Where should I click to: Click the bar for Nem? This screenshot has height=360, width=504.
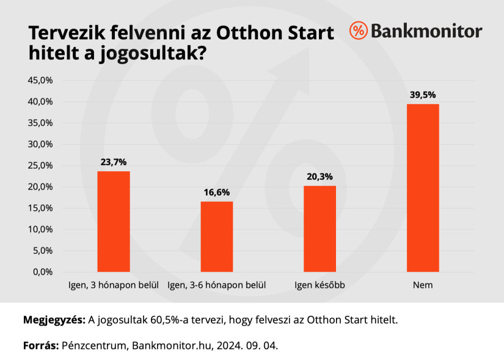click(x=423, y=188)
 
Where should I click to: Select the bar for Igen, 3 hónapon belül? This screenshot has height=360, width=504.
click(x=114, y=221)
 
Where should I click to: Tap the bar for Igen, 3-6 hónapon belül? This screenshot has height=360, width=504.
click(x=217, y=237)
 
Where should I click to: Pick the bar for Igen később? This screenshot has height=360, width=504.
click(x=320, y=229)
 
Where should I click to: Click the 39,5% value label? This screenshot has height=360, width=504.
click(x=423, y=95)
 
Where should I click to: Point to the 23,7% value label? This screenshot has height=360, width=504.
click(x=114, y=162)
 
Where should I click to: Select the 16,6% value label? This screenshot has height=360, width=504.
click(x=217, y=192)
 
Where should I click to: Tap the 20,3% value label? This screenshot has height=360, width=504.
click(x=320, y=177)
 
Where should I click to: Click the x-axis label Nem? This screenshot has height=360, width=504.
click(x=423, y=285)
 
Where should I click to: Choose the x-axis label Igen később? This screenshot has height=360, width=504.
click(x=320, y=285)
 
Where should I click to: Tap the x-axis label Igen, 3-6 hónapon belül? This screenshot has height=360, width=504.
click(x=217, y=285)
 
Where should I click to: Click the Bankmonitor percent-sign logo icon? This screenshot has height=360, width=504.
click(x=359, y=31)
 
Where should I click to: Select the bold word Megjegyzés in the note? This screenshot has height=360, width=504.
click(x=54, y=320)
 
